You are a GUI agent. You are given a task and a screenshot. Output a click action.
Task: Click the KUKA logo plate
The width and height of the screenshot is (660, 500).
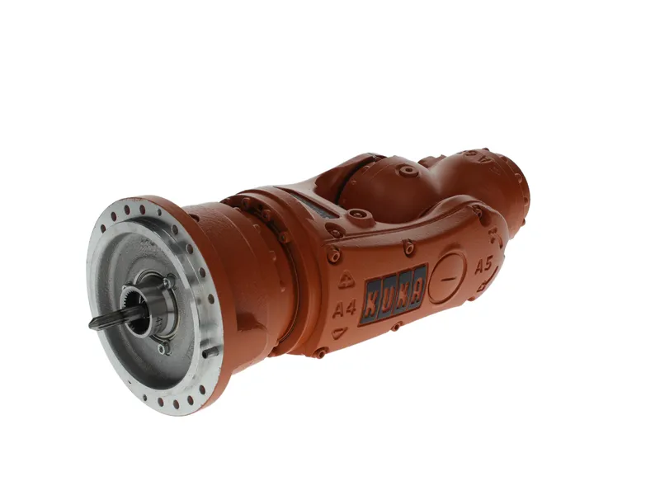394,294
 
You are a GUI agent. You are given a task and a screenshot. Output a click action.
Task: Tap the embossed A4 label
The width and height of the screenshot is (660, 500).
344,309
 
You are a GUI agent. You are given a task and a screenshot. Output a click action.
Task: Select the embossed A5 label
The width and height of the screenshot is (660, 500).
483,266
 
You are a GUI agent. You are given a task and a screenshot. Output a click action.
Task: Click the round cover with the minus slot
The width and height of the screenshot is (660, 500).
448,277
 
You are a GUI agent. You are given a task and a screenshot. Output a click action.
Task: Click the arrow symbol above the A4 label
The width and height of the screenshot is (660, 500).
346,280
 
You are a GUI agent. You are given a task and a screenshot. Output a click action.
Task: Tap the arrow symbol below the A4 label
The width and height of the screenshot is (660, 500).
339,333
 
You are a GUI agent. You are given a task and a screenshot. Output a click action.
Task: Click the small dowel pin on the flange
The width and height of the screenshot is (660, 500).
210,351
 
